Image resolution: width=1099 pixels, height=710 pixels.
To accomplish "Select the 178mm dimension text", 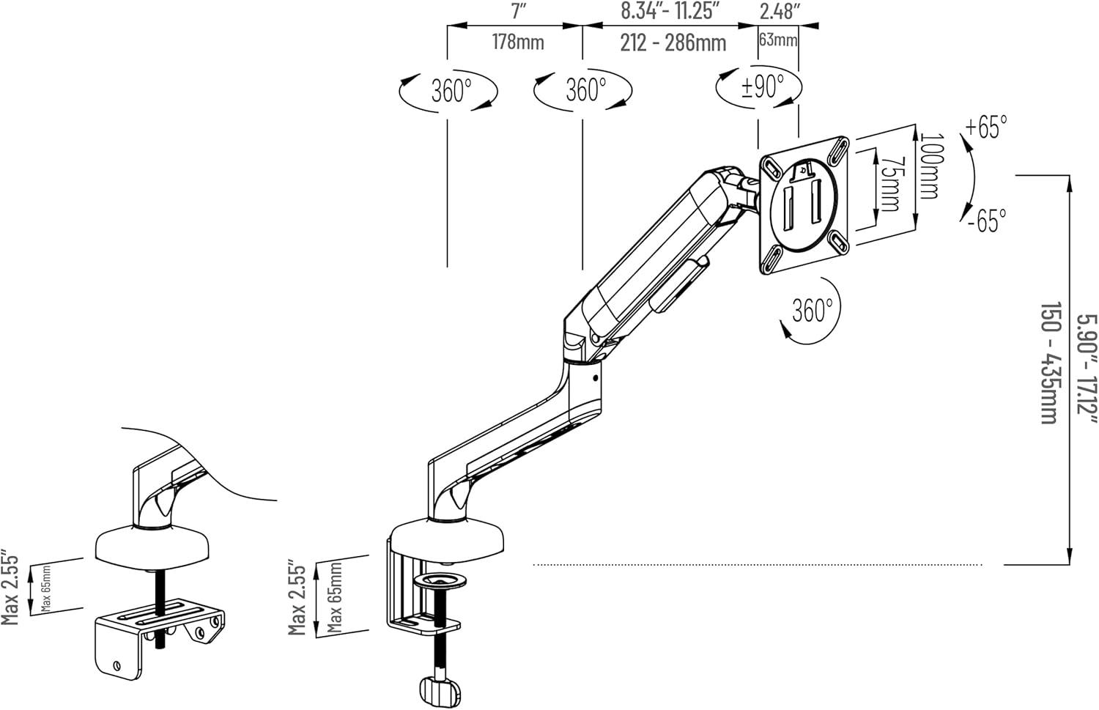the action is pos(518,42).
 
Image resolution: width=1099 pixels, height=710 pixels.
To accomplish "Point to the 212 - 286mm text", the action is pos(673,43).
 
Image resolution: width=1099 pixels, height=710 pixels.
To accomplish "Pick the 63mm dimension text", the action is pos(778,40).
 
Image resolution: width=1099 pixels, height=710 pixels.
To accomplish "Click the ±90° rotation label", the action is pos(763,87).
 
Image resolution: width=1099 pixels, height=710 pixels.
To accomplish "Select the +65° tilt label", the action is pos(986,127).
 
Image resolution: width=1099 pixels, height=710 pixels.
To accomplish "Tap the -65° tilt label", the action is pos(987,221).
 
